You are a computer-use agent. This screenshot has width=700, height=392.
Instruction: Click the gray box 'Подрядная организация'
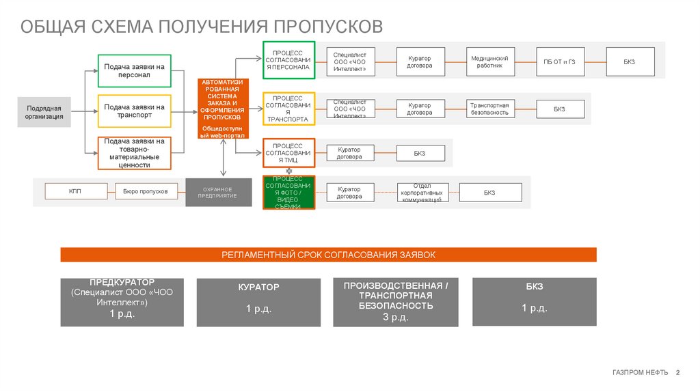pos(44,112)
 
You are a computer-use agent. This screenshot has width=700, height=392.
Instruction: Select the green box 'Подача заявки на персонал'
pos(135,71)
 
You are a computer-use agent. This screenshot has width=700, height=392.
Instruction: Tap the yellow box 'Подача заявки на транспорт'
pos(135,111)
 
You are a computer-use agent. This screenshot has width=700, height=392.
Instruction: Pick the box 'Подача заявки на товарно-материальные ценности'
pos(135,153)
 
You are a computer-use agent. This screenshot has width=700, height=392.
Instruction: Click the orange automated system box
pos(223,109)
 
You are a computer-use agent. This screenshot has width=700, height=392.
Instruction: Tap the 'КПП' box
pos(75,192)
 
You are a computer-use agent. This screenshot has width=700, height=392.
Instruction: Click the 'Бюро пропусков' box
pos(145,192)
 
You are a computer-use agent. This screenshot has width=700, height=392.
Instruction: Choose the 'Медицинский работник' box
pos(489,62)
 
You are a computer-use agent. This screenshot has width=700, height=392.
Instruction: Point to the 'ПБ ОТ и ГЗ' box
pos(559,62)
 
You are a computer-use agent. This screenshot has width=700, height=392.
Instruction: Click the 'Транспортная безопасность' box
pos(489,109)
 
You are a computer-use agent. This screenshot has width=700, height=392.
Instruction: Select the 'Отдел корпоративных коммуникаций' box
pos(423,193)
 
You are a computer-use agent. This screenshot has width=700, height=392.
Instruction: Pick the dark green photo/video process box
pos(288,193)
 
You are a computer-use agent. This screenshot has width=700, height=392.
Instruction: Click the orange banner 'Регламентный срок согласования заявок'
pos(328,255)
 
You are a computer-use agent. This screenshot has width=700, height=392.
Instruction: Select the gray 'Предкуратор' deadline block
pos(122,302)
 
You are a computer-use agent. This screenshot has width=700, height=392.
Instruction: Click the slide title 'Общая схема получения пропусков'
pos(201,27)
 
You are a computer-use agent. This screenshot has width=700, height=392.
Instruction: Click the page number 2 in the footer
pos(677,372)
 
